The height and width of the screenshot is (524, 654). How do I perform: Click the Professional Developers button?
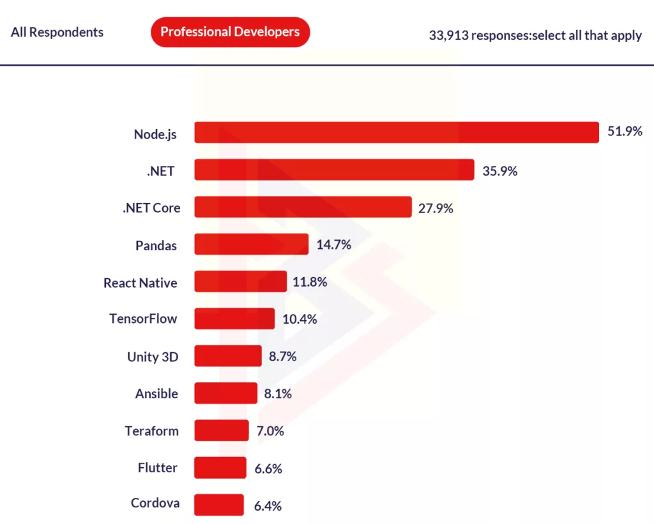click(x=230, y=32)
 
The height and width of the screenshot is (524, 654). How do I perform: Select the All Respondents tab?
click(x=57, y=32)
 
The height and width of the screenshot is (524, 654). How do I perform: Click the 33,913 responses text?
click(x=535, y=35)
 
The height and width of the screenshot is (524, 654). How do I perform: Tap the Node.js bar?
click(x=396, y=132)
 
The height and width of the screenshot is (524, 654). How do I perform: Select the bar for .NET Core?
click(x=303, y=207)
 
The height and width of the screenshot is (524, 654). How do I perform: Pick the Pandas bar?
click(x=251, y=244)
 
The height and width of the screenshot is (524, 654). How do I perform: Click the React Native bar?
click(x=240, y=281)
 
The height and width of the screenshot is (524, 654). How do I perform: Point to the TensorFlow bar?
click(x=234, y=318)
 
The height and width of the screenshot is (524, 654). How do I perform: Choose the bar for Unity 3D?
click(x=228, y=356)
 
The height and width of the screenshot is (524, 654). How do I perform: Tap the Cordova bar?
click(x=219, y=504)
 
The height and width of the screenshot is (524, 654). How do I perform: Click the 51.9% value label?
click(x=625, y=132)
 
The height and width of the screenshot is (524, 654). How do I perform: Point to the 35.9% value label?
click(x=499, y=170)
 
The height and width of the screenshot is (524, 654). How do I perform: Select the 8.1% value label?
click(x=278, y=394)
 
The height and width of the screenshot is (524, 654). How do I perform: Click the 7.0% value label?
click(x=270, y=431)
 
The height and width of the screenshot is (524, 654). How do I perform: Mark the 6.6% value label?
click(x=268, y=468)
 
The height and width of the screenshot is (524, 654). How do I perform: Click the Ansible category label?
click(x=156, y=394)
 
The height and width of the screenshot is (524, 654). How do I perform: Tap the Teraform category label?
click(x=151, y=431)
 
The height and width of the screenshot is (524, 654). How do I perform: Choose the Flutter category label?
click(x=158, y=468)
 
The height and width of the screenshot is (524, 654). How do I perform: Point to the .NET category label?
click(x=160, y=170)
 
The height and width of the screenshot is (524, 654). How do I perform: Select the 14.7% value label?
click(x=333, y=244)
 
